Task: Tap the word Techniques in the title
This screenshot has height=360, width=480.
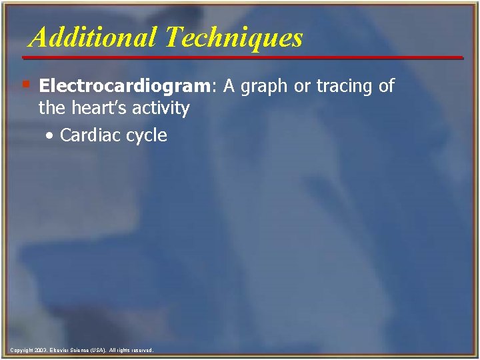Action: [x=235, y=37]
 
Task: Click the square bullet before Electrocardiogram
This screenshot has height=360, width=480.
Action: [x=25, y=85]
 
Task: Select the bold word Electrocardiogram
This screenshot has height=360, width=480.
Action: [x=125, y=86]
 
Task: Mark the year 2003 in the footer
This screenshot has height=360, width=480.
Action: [x=41, y=350]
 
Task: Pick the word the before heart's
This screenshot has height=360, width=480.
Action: [x=51, y=108]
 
